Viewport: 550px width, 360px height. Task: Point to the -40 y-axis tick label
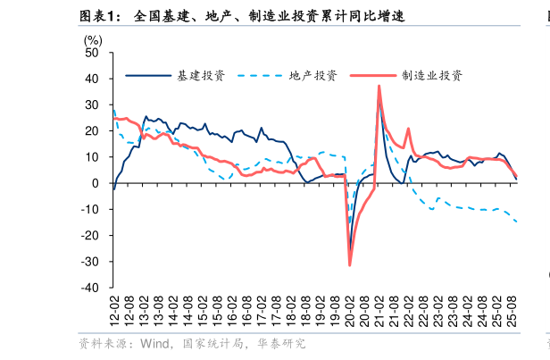[91, 289]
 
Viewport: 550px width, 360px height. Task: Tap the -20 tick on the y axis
[91, 236]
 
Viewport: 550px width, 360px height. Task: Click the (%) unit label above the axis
[93, 39]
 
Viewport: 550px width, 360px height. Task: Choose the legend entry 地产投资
[312, 75]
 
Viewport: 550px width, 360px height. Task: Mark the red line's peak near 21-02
[379, 86]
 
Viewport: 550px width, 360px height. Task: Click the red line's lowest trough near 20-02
[350, 264]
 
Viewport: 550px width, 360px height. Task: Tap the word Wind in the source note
[154, 343]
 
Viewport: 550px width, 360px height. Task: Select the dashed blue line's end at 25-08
[517, 222]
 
